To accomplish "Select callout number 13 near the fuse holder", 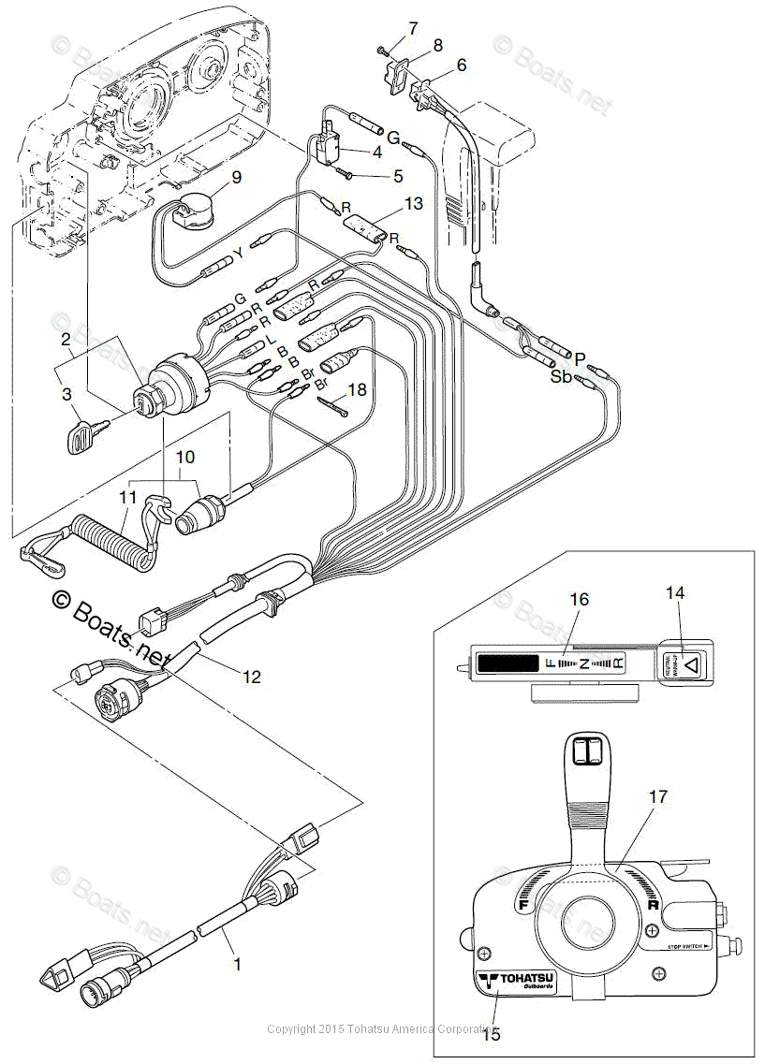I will (x=414, y=203).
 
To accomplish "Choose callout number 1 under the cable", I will (x=237, y=963).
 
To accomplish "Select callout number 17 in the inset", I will (x=658, y=796).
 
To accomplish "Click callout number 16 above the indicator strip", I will (x=581, y=599).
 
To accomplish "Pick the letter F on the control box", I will (x=523, y=905).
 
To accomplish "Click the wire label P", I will (x=581, y=358).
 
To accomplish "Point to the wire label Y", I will (x=239, y=254).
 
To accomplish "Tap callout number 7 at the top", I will (x=413, y=28).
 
